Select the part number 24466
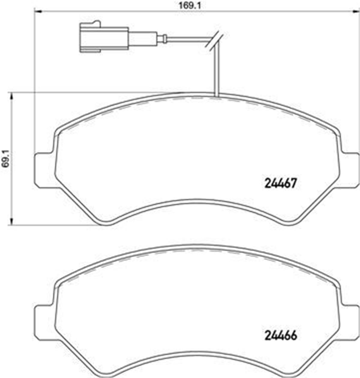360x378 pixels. click(280, 335)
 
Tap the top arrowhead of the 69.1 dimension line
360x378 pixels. click(11, 95)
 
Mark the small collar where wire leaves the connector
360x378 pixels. click(164, 38)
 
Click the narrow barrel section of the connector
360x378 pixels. click(143, 38)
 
